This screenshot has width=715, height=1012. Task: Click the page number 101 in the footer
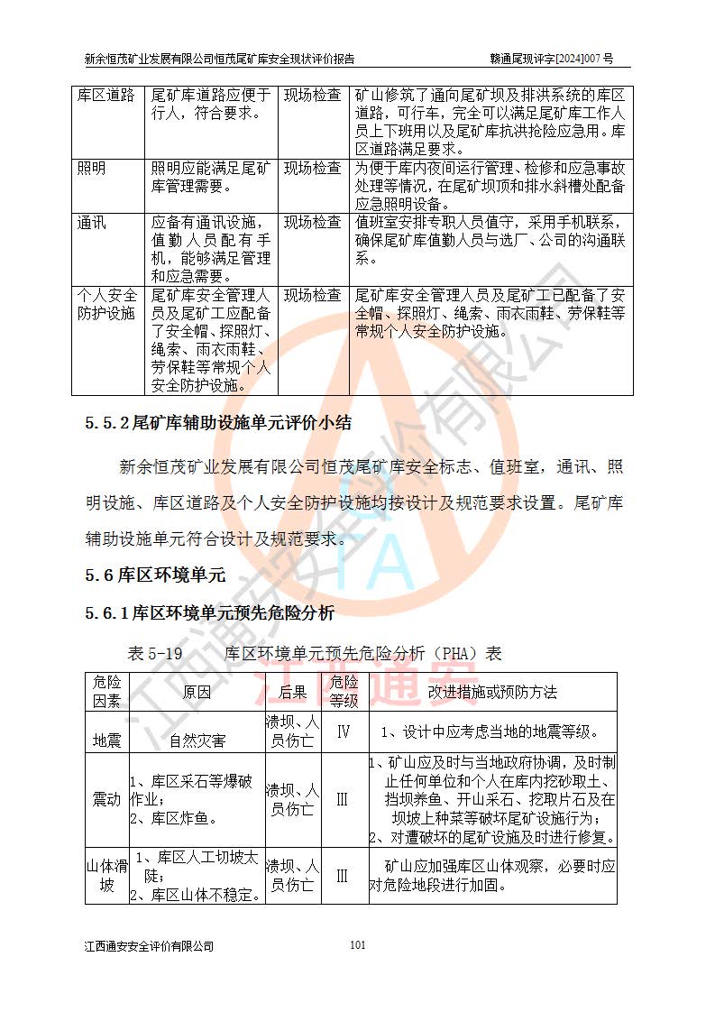pos(357,945)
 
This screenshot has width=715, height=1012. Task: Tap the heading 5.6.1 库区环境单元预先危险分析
pos(210,613)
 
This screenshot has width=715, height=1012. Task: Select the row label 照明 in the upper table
pos(91,169)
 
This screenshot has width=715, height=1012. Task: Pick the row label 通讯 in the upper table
pos(91,222)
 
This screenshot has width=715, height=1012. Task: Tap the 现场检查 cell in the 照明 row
pos(312,169)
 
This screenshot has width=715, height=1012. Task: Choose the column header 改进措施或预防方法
pos(492,693)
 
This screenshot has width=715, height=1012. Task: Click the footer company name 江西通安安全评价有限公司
pos(149,946)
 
